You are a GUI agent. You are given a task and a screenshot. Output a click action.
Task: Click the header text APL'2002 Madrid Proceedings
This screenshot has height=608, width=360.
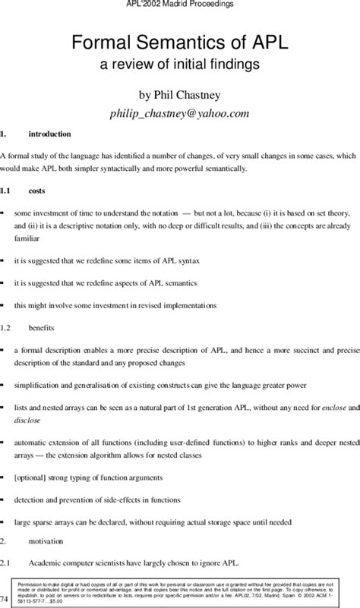tap(180, 5)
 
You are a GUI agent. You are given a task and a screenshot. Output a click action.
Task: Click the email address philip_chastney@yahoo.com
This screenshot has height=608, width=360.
tap(180, 113)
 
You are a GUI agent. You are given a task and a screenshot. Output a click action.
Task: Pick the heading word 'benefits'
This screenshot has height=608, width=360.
tap(42, 327)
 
